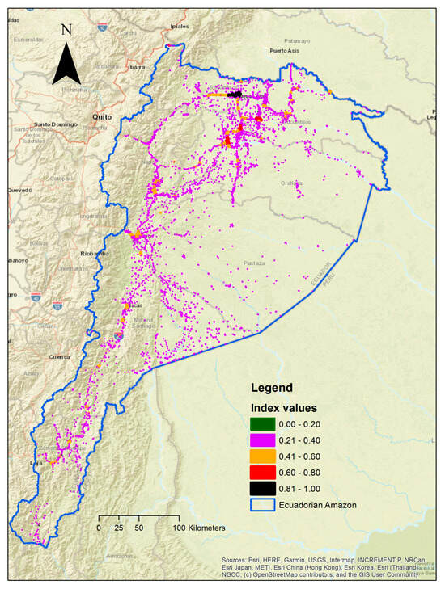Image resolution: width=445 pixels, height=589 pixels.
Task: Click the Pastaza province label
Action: [253, 263]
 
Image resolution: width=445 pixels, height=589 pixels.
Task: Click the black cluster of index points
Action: [235, 95]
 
